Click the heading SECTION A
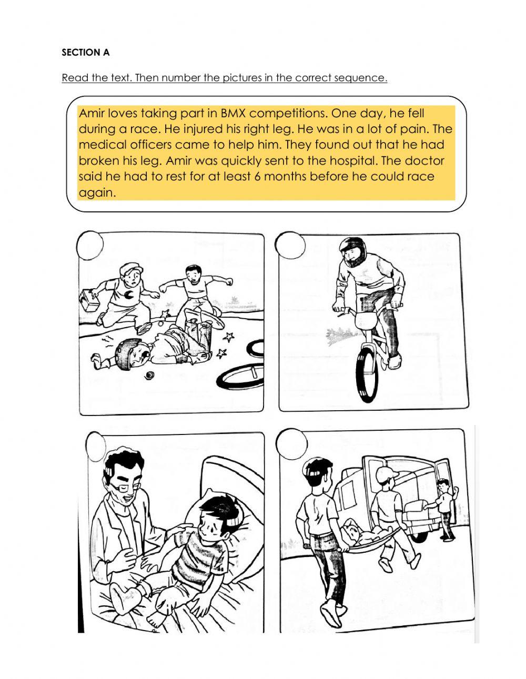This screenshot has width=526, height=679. [x=85, y=52]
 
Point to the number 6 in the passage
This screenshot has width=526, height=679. [x=257, y=177]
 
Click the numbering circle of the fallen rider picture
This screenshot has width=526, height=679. [x=89, y=245]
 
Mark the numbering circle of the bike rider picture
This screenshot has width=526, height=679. [x=290, y=245]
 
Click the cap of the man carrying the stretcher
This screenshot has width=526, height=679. [x=387, y=475]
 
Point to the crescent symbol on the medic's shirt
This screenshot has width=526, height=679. [x=128, y=294]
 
